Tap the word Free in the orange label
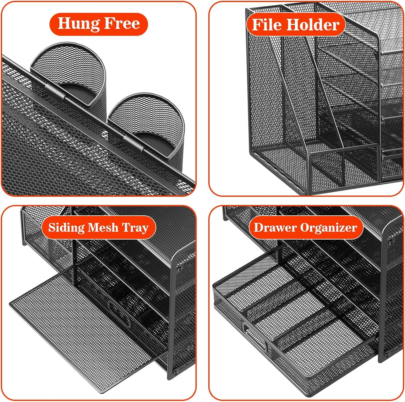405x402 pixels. point(122,24)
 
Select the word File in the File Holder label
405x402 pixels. point(267,25)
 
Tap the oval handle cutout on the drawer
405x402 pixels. point(255,336)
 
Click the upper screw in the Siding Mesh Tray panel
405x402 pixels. point(179,269)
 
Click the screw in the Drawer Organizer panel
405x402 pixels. point(390,243)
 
